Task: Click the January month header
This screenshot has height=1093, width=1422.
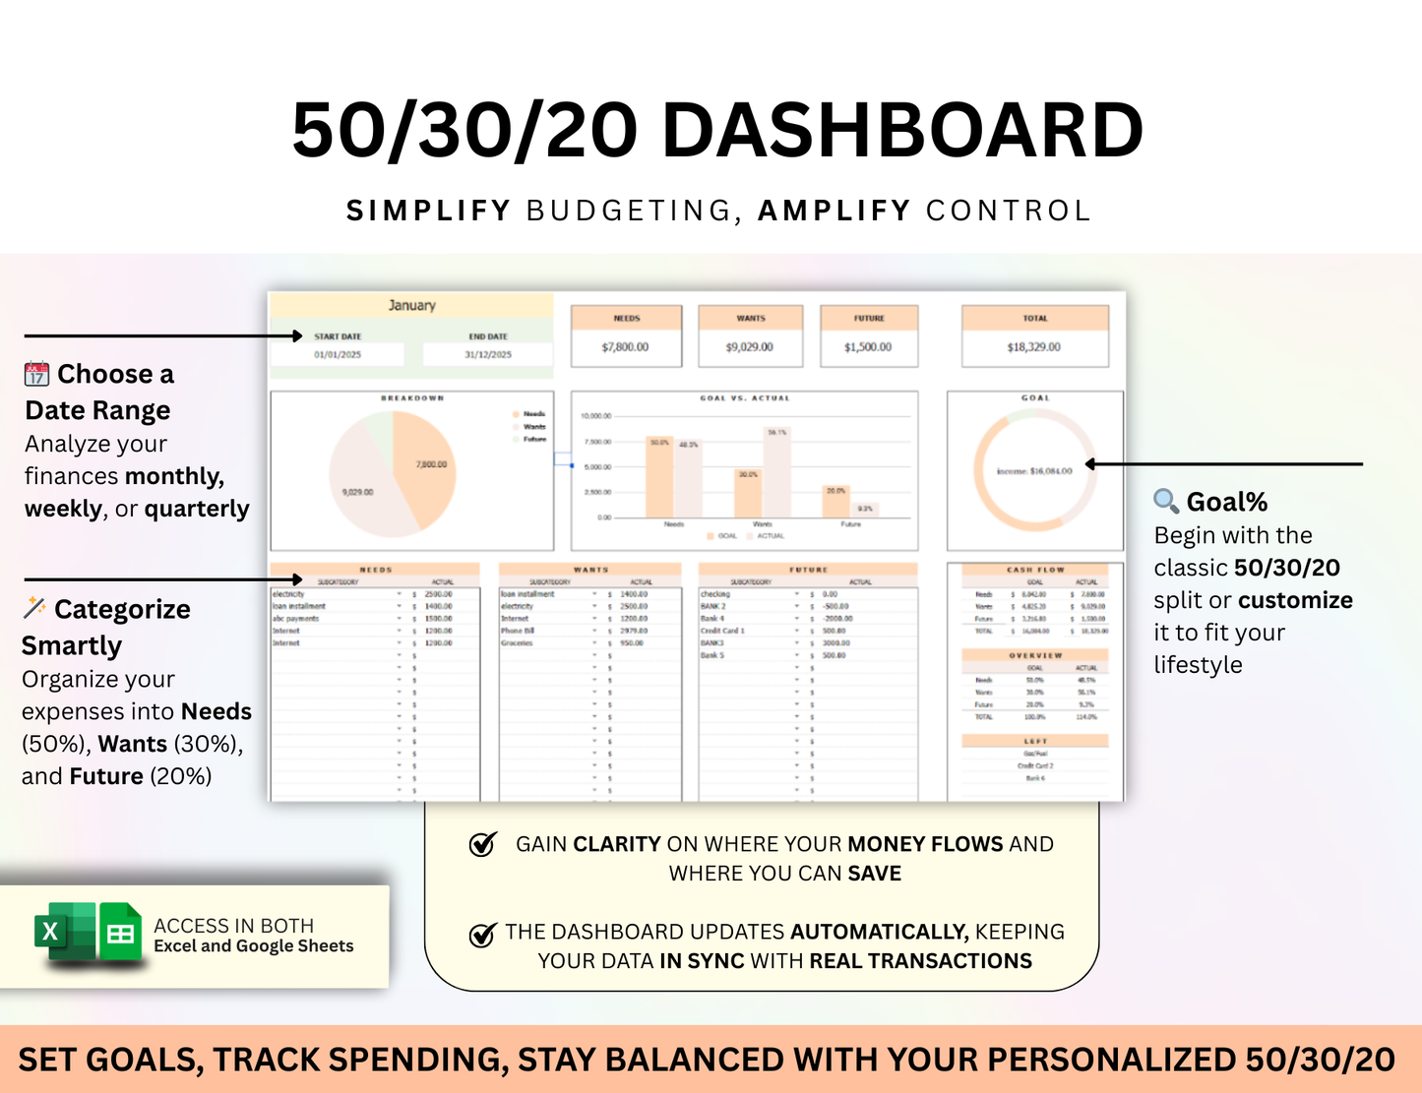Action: pos(411,305)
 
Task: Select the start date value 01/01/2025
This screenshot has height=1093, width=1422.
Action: pos(338,354)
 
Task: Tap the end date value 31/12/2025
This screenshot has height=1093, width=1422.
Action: pos(488,354)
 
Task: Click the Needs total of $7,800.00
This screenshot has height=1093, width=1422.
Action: pos(626,347)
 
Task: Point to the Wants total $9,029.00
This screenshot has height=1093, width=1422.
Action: pos(750,347)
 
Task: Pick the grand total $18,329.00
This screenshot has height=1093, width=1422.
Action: pos(1034,347)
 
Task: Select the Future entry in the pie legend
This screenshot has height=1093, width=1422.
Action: pos(534,439)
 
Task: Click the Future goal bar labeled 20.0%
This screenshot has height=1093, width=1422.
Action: pos(835,502)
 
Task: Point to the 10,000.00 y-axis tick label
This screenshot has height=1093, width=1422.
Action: pos(596,416)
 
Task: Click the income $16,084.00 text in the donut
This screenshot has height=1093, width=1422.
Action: pos(1034,471)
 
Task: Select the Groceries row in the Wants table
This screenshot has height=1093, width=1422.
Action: pos(518,642)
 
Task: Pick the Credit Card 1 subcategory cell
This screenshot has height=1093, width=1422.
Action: pos(723,631)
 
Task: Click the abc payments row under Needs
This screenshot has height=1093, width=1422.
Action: pos(297,619)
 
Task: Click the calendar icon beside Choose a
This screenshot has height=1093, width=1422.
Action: pos(36,375)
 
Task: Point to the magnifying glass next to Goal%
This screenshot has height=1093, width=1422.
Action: pos(1166,501)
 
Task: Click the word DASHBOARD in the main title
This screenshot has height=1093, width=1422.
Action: pos(902,130)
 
